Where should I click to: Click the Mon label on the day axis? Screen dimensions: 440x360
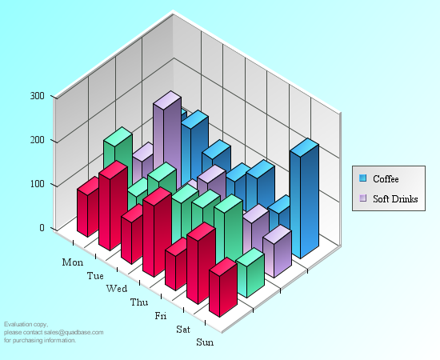tap(73, 262)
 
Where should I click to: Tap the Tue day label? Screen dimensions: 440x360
tap(95, 275)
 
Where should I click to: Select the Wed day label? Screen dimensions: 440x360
tap(117, 289)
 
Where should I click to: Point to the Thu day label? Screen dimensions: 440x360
tap(139, 302)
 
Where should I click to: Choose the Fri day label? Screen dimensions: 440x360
tap(161, 316)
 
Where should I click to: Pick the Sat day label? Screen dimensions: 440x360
tap(183, 329)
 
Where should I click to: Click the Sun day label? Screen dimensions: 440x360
tap(205, 342)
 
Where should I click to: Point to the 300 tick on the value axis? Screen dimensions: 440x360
tap(37, 96)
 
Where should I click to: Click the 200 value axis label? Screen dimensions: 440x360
tap(37, 140)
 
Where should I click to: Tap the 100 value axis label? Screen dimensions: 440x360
tap(37, 184)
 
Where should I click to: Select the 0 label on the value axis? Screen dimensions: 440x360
tap(42, 227)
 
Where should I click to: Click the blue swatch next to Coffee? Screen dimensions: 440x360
tap(363, 178)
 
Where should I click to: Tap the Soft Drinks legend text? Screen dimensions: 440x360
tap(395, 199)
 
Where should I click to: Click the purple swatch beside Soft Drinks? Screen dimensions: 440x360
tap(363, 198)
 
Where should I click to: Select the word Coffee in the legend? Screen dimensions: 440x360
tap(386, 179)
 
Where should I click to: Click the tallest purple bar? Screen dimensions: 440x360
tap(167, 140)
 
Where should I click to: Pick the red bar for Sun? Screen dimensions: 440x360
tap(223, 288)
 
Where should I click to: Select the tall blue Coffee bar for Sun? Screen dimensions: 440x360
tap(305, 198)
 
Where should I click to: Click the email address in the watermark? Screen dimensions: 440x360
tap(74, 333)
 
